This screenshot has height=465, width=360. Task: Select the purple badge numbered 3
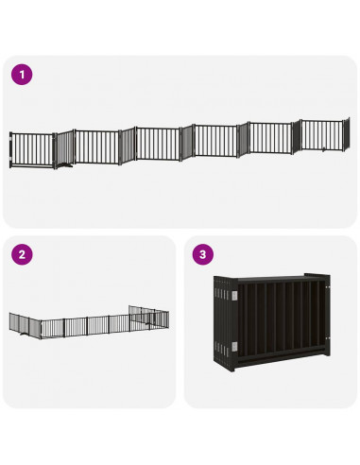pos(201,254)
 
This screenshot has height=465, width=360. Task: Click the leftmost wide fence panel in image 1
pos(33,149)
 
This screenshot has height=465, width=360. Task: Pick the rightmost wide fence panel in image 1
pos(324,133)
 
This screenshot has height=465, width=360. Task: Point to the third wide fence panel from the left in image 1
pos(157,144)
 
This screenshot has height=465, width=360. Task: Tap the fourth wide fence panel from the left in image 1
pos(215,141)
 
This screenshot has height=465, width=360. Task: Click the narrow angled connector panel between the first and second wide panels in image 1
pos(64,149)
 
